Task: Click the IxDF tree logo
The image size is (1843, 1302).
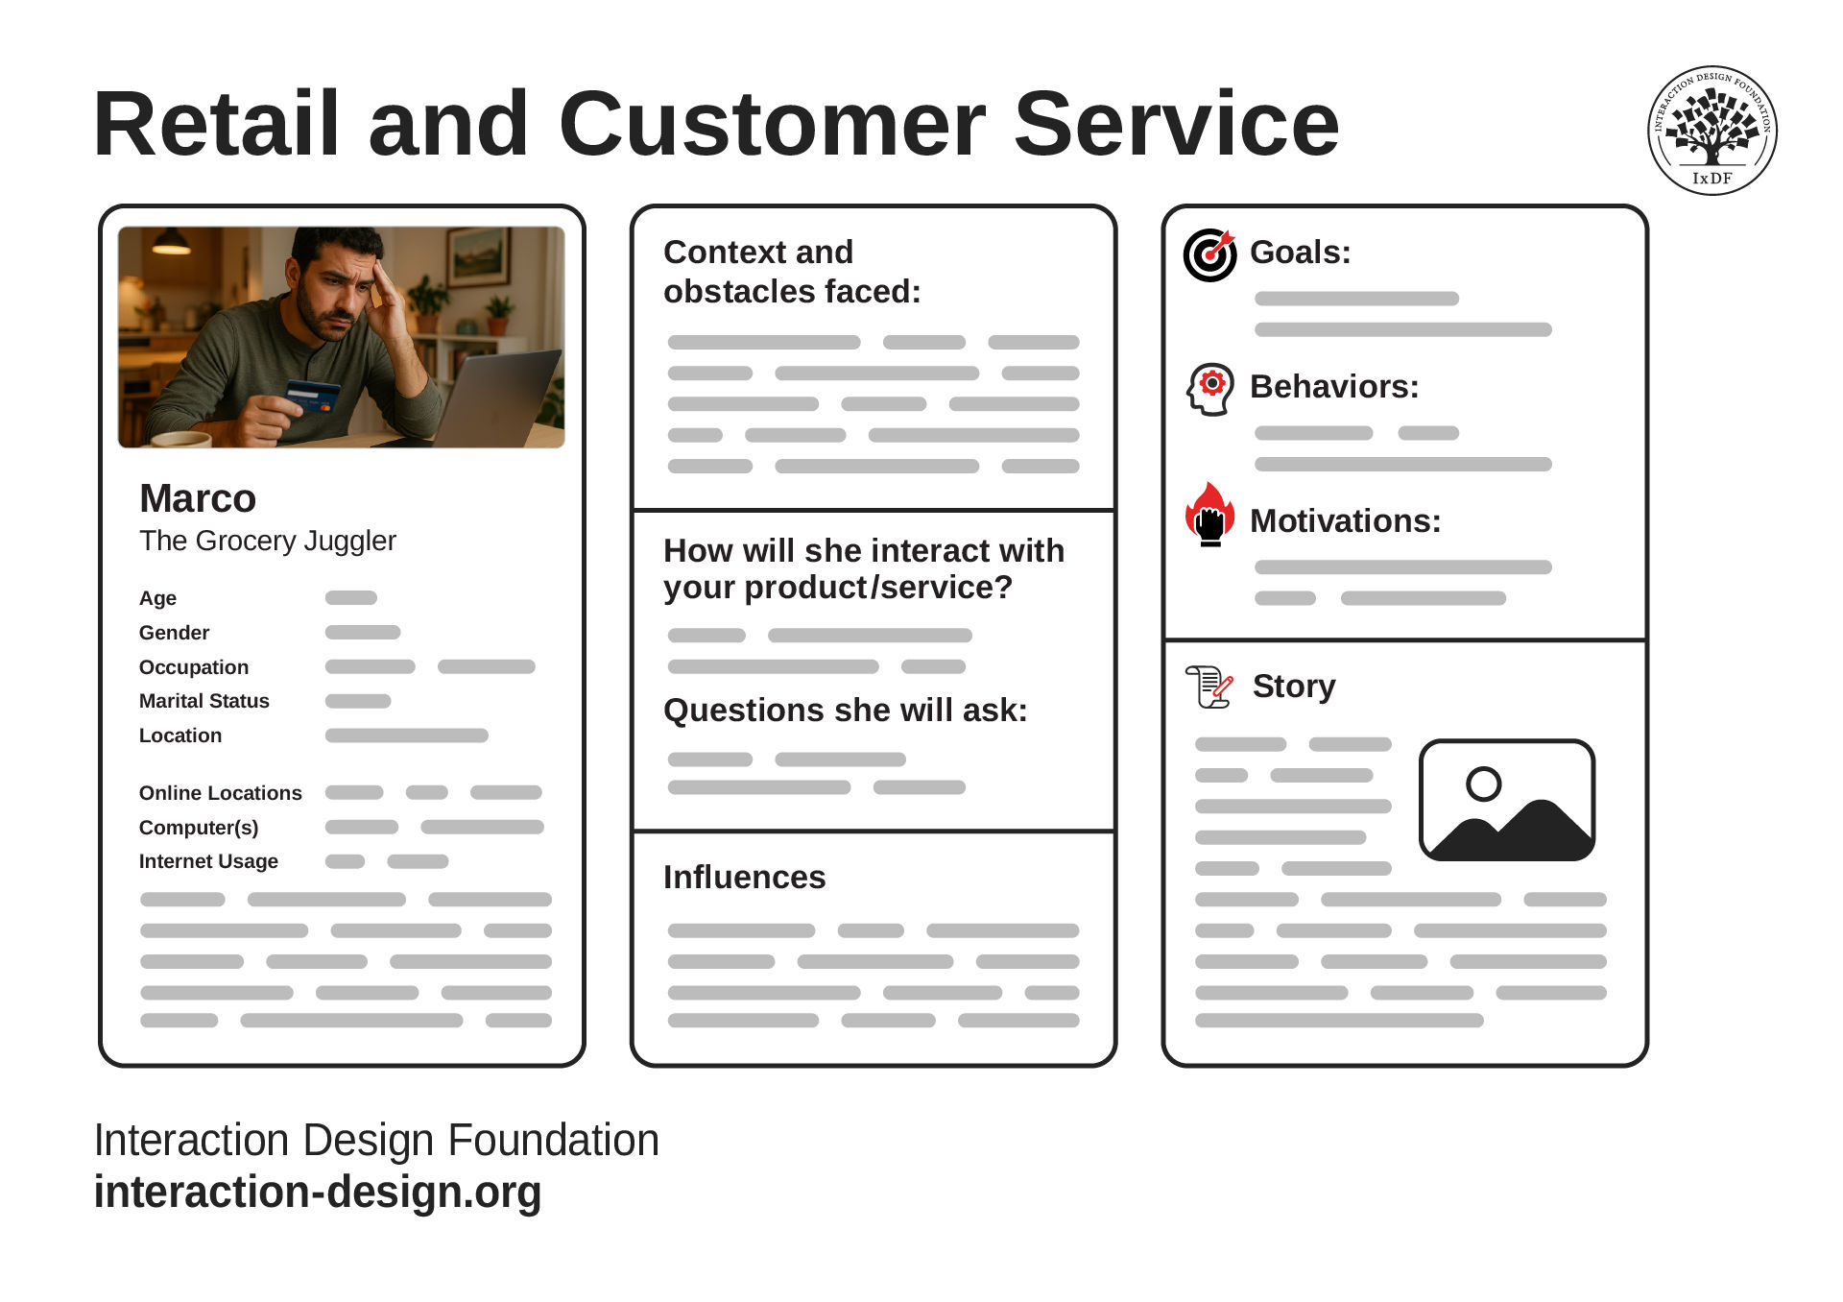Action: click(x=1711, y=131)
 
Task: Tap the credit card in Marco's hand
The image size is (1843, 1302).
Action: click(x=313, y=395)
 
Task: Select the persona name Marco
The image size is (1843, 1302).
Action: click(x=198, y=498)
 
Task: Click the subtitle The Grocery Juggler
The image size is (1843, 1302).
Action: click(x=268, y=541)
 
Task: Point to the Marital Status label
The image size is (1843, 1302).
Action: click(x=204, y=701)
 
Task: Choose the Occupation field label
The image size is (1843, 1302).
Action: click(x=194, y=667)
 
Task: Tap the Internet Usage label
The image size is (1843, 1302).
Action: click(x=208, y=861)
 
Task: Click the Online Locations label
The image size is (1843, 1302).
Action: click(x=221, y=793)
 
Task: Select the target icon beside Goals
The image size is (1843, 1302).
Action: click(x=1209, y=254)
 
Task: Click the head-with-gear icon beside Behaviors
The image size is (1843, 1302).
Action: click(x=1209, y=390)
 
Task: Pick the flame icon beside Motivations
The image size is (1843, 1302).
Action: click(x=1209, y=515)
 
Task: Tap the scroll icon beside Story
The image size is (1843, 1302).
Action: click(x=1209, y=687)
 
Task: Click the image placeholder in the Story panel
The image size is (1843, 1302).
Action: click(x=1507, y=800)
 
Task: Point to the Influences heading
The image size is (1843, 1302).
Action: click(x=744, y=877)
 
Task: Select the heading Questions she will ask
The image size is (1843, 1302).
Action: click(x=846, y=711)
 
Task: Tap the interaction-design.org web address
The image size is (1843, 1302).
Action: click(x=318, y=1193)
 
